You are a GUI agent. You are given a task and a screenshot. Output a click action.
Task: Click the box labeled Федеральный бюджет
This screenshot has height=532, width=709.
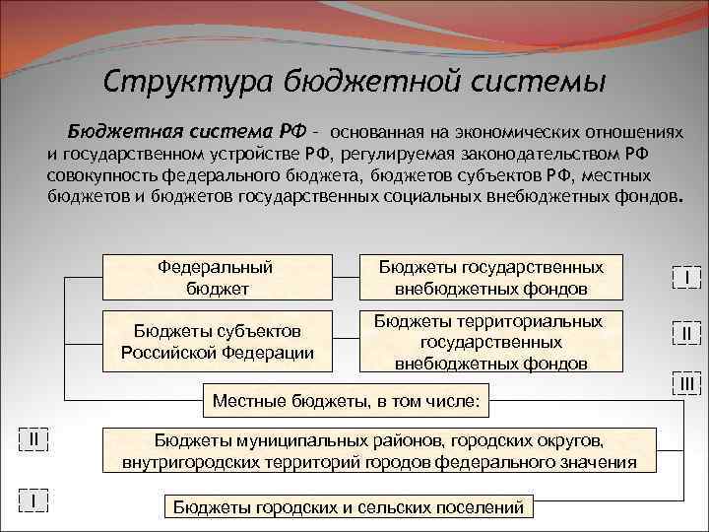[217, 277]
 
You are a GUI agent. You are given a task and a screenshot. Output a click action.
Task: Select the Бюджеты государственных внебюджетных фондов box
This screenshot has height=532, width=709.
[491, 277]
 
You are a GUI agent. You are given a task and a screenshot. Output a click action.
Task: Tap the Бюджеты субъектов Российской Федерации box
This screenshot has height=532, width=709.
[217, 341]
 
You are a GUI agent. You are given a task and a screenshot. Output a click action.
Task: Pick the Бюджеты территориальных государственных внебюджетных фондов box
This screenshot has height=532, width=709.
[491, 342]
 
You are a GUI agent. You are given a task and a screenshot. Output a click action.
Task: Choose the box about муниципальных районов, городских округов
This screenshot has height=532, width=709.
[379, 450]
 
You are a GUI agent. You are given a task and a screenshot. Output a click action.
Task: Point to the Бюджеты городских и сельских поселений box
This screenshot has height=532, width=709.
[348, 506]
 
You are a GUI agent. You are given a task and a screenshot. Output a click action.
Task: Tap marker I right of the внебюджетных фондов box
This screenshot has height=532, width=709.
[686, 279]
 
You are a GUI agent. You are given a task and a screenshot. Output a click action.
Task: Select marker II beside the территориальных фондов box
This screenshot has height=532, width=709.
[686, 335]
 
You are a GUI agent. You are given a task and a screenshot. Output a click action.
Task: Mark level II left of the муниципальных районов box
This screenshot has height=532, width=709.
[33, 437]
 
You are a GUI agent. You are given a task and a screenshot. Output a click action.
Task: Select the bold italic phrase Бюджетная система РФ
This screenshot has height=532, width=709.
[187, 131]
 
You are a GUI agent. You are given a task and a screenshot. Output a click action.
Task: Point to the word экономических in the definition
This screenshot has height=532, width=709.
[511, 132]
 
